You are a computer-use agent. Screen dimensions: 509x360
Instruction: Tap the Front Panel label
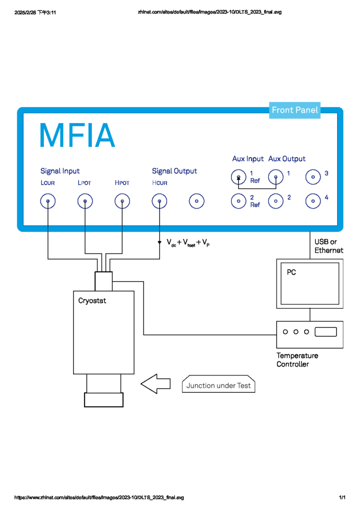click(x=295, y=110)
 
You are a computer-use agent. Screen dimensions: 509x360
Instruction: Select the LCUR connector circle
click(x=48, y=201)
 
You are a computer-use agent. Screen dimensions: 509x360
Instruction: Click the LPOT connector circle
click(x=85, y=201)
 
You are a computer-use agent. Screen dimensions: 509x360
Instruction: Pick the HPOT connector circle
click(x=122, y=201)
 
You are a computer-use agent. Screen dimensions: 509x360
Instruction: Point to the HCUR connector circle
click(x=159, y=201)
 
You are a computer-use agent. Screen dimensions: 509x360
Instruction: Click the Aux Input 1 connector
click(x=239, y=176)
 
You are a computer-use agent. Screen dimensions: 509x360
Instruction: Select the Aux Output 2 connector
click(x=275, y=201)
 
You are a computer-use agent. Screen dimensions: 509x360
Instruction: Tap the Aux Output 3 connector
click(x=313, y=176)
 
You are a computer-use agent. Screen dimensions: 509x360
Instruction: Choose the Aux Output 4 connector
click(x=313, y=201)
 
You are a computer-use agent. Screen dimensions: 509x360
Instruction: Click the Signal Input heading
click(x=60, y=171)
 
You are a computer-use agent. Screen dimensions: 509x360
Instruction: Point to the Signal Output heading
click(x=174, y=171)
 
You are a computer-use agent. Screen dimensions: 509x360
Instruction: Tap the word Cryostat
click(x=92, y=300)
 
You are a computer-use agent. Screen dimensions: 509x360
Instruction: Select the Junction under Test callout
click(x=219, y=385)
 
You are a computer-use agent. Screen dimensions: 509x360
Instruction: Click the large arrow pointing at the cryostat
click(x=156, y=384)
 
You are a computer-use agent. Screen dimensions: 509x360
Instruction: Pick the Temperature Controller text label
click(x=297, y=360)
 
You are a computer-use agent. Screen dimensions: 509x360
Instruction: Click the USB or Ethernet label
click(x=328, y=246)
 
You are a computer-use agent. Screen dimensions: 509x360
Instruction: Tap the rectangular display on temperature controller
click(x=325, y=332)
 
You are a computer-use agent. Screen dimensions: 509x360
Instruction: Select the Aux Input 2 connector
click(x=239, y=201)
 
